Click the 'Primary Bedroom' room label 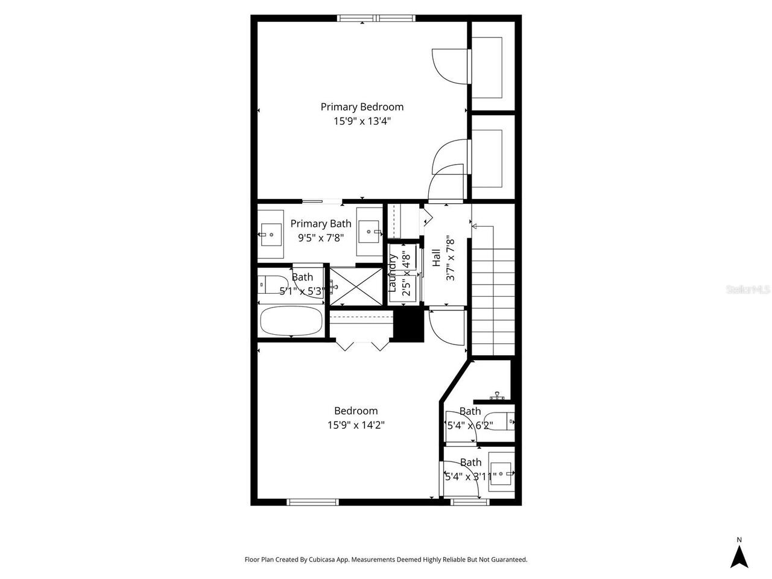click(x=362, y=107)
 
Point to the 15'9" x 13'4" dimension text click(x=362, y=121)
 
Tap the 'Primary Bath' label click(x=320, y=224)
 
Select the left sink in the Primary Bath click(x=271, y=232)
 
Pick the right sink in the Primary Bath click(x=369, y=230)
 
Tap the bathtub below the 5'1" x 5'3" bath click(x=291, y=321)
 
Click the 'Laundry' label click(x=392, y=273)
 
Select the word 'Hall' click(x=436, y=258)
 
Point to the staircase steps click(x=493, y=302)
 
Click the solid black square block click(x=409, y=326)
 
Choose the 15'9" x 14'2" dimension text click(x=356, y=425)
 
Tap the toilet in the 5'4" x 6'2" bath click(x=501, y=419)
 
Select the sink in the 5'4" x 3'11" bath click(x=501, y=470)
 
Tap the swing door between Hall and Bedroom click(x=446, y=326)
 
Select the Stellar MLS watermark click(x=748, y=289)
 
